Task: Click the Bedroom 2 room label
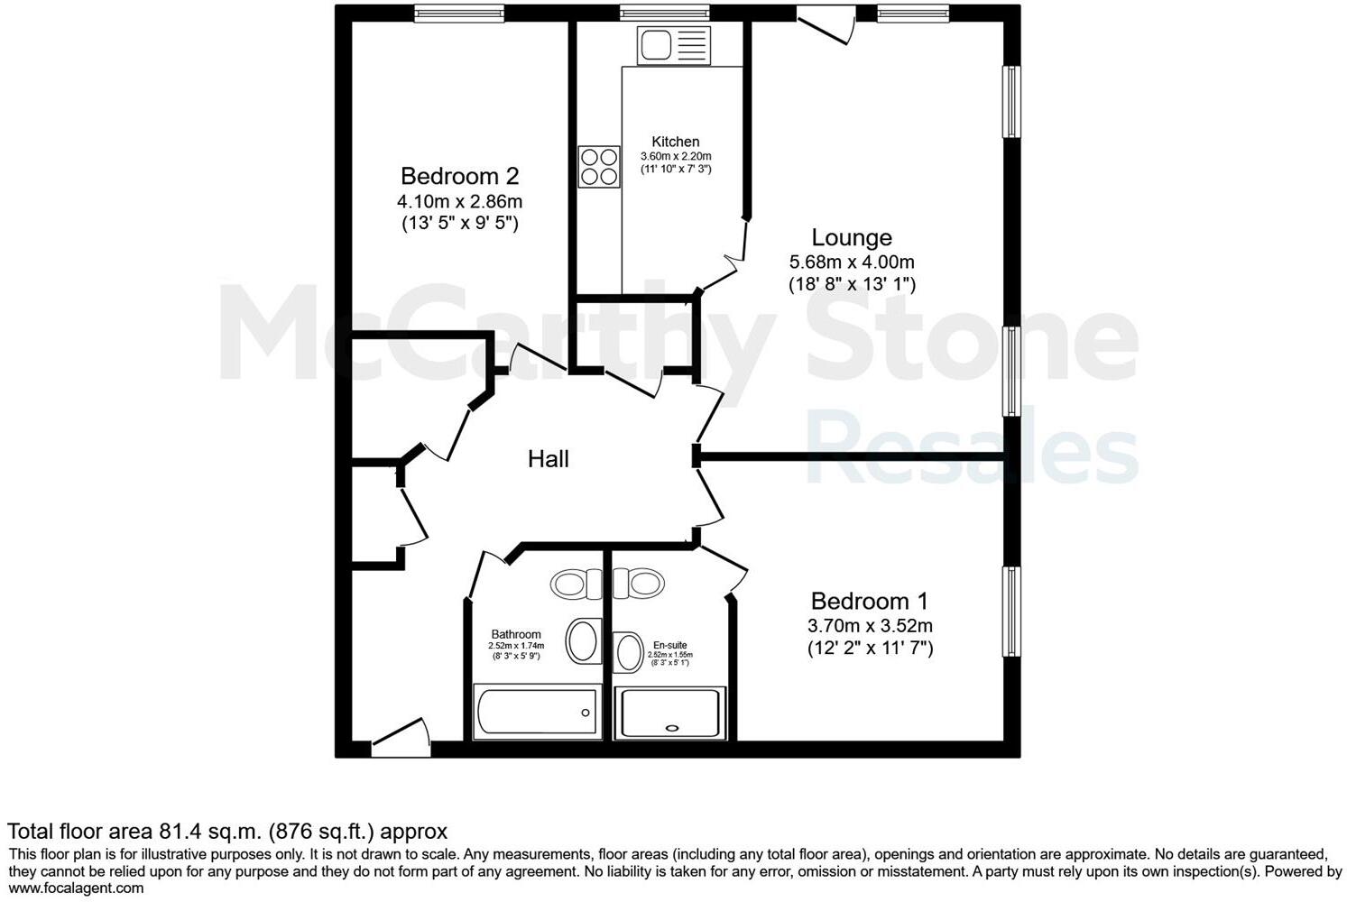[x=459, y=176]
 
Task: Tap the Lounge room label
[x=852, y=237]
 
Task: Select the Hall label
[x=548, y=459]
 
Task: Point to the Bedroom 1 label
[x=869, y=601]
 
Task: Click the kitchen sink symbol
[x=673, y=45]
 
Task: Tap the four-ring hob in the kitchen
[x=599, y=167]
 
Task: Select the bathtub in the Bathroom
[x=536, y=712]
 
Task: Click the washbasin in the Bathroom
[x=584, y=641]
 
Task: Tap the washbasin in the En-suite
[x=627, y=652]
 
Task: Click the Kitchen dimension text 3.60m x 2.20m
[x=676, y=156]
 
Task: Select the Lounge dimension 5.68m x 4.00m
[x=852, y=262]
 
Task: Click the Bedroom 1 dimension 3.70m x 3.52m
[x=870, y=626]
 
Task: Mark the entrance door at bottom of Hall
[x=400, y=738]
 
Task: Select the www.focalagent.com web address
[x=76, y=888]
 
